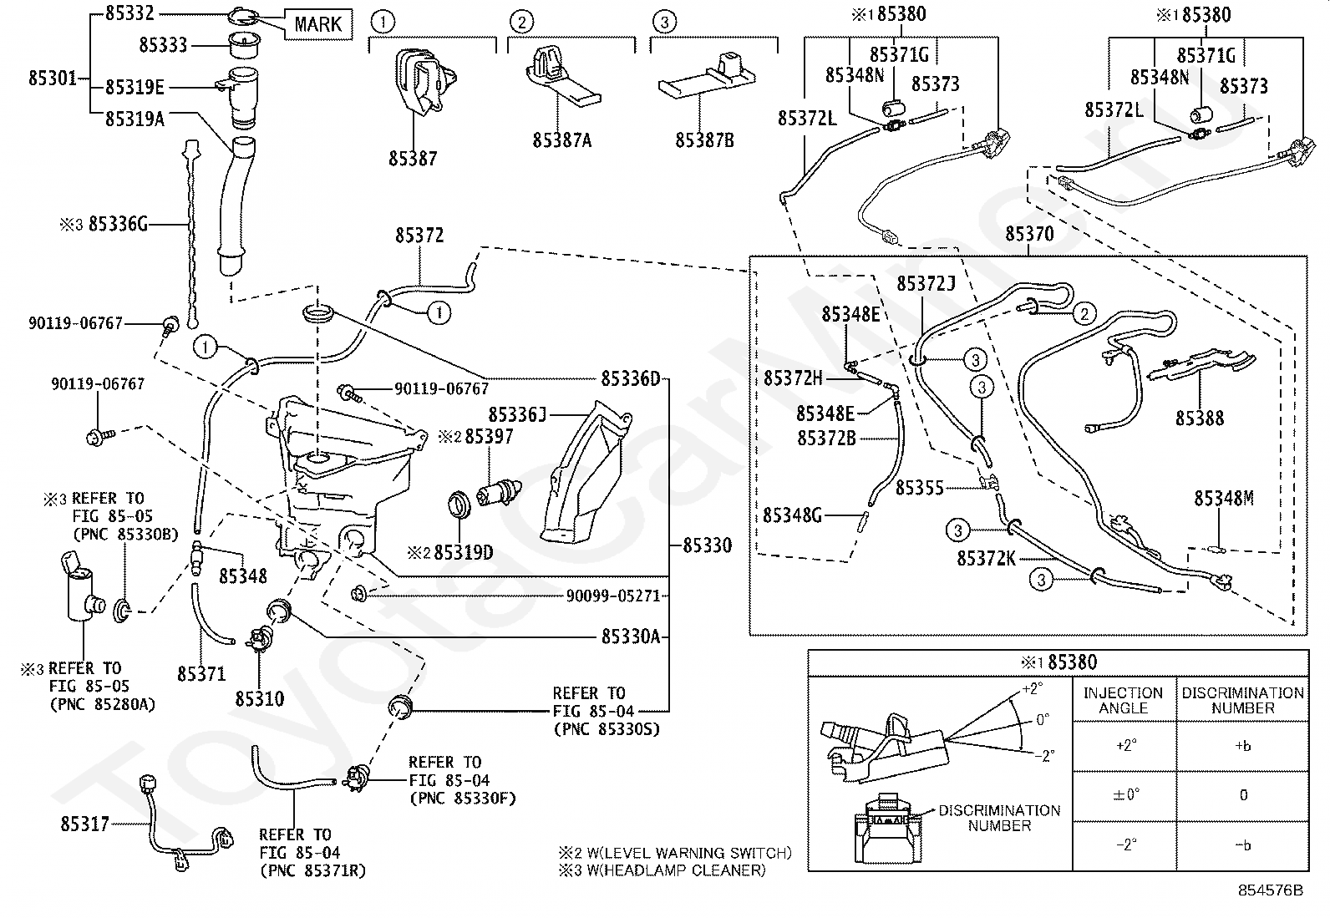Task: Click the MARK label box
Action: pyautogui.click(x=318, y=24)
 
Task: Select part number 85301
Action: pyautogui.click(x=53, y=78)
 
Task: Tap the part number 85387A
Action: pyautogui.click(x=561, y=140)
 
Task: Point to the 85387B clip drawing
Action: pyautogui.click(x=707, y=78)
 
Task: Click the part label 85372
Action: pyautogui.click(x=419, y=236)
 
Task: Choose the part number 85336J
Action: pyautogui.click(x=517, y=414)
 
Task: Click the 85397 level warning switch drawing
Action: pyautogui.click(x=500, y=492)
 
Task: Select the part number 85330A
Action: pyautogui.click(x=631, y=637)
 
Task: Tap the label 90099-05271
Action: pyautogui.click(x=612, y=596)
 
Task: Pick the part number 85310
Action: pyautogui.click(x=260, y=699)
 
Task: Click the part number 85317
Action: pyautogui.click(x=85, y=824)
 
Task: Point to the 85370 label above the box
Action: pyautogui.click(x=1029, y=234)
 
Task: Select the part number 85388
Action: pyautogui.click(x=1200, y=418)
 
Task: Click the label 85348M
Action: pyautogui.click(x=1224, y=498)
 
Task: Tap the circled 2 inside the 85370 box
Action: pyautogui.click(x=1084, y=313)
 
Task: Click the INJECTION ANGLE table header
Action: pyautogui.click(x=1124, y=700)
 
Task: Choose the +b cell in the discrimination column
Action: pyautogui.click(x=1243, y=747)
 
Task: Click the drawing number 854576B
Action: pyautogui.click(x=1270, y=890)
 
